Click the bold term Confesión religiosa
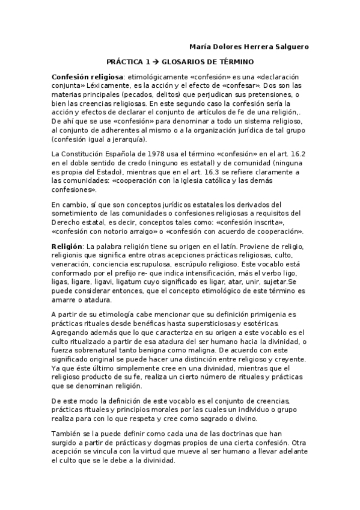pyautogui.click(x=87, y=78)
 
